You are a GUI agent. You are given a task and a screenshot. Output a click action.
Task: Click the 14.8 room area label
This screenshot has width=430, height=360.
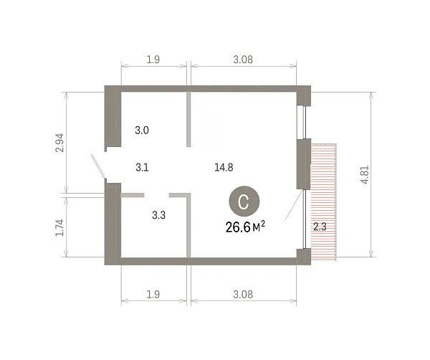coord(224,167)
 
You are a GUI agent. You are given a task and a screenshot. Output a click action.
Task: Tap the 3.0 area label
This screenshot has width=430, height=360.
coord(142,130)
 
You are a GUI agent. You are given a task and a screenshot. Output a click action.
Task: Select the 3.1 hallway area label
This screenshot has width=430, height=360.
coord(142,167)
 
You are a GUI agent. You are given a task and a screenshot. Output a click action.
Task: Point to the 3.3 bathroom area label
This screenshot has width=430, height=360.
coord(159,215)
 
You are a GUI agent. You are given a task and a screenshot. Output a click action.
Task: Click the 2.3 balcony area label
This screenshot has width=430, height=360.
coord(320,227)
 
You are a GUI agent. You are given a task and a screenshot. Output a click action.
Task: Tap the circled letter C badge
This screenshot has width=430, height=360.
coord(244,201)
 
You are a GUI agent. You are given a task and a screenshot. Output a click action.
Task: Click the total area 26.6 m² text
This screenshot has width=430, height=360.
coord(245,227)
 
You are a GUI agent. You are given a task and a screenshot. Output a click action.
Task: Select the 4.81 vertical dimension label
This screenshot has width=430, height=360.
coord(365,175)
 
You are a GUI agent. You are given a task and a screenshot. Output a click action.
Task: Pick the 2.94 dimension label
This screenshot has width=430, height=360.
coord(59,143)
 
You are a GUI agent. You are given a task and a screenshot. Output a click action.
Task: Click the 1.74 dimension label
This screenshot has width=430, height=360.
coord(59,228)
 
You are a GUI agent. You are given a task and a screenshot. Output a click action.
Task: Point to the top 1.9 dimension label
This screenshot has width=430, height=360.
coord(153,60)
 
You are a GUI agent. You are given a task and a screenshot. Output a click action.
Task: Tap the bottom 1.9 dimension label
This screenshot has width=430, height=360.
coord(153,295)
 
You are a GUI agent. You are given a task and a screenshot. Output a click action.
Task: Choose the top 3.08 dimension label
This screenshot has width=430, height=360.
coord(243,60)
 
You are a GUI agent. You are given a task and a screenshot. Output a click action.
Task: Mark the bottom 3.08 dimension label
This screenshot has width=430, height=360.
coord(243,295)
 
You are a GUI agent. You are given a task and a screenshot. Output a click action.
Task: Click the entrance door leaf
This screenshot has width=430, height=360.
coord(98,166)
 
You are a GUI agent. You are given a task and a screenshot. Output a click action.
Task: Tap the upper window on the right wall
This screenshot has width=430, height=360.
coord(304,123)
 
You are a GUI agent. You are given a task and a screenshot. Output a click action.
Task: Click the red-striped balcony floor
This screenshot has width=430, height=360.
coord(324,202)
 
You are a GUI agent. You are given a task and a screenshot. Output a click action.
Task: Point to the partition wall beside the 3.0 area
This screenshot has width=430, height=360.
coord(188,119)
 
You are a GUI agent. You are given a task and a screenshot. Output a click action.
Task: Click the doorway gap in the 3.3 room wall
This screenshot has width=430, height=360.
coord(156,195)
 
